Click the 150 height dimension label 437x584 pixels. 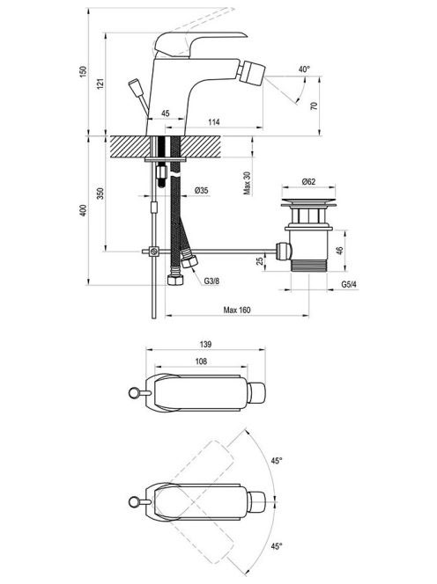[x=83, y=71]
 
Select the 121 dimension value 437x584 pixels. [x=100, y=84]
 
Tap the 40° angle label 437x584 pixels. [x=304, y=69]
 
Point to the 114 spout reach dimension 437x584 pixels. [x=214, y=122]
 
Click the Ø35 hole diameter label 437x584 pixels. [x=202, y=190]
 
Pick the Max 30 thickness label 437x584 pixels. [x=247, y=183]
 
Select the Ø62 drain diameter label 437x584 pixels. [x=308, y=181]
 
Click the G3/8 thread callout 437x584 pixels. [x=211, y=281]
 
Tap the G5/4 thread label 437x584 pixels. [x=349, y=285]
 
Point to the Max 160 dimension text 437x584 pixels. [x=237, y=310]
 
